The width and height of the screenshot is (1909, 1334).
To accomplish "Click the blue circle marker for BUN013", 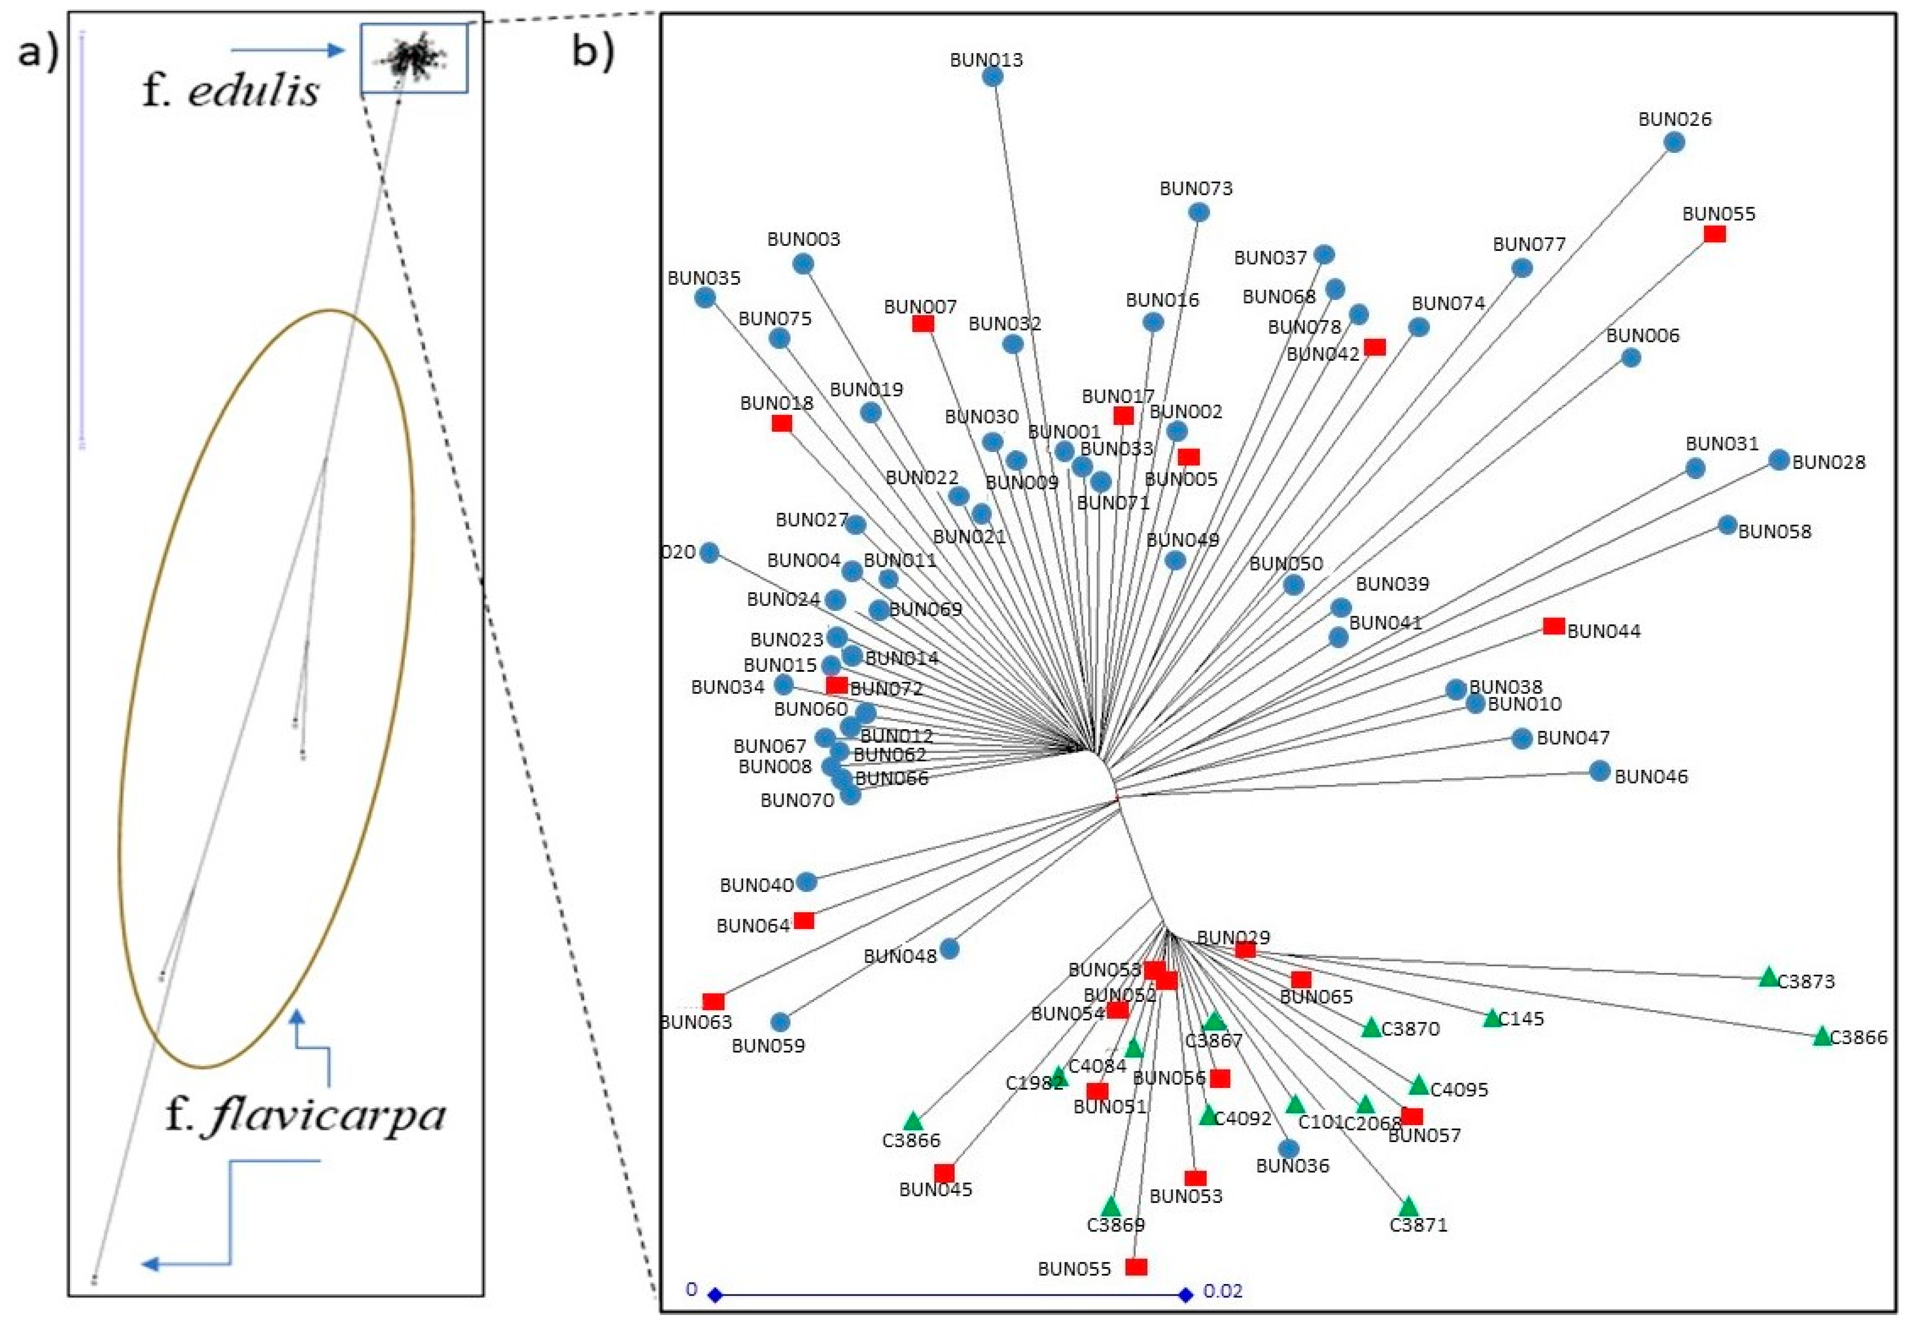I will [992, 76].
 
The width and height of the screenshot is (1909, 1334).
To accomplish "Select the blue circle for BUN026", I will [1674, 142].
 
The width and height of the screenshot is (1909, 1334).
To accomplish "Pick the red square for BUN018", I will [781, 423].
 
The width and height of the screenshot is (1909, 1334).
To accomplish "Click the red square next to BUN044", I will [1553, 626].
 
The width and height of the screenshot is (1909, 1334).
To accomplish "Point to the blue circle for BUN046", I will [1600, 770].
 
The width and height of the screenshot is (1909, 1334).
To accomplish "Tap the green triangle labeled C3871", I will [1408, 1207].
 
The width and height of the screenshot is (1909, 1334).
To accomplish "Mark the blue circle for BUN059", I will [780, 1021].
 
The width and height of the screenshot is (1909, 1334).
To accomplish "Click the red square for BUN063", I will [713, 1001].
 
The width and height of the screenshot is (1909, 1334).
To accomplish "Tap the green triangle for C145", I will [1492, 1018].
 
